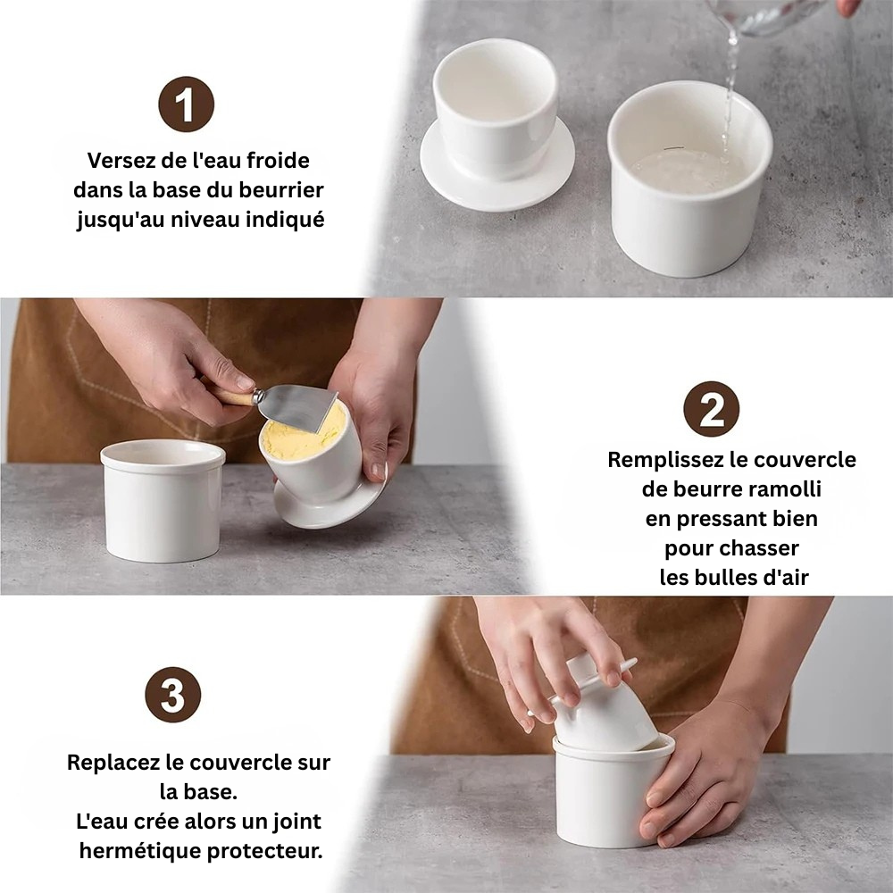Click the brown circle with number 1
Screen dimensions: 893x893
click(186, 104)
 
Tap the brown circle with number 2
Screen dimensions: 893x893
click(711, 409)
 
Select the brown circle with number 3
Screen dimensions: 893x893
click(172, 695)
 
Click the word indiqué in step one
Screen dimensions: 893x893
click(285, 220)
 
